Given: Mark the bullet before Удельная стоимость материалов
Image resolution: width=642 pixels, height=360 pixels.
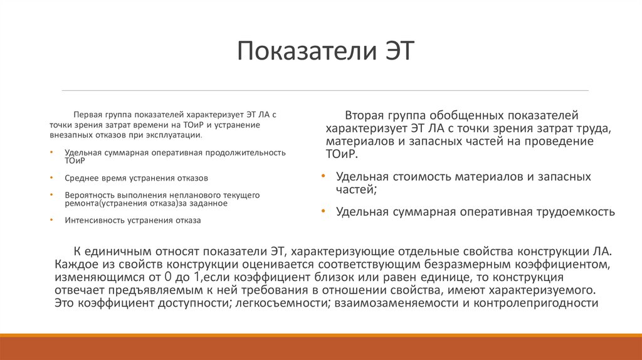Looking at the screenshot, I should pos(322,177).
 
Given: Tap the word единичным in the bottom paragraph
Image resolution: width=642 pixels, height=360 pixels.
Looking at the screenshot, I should pos(115,251).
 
